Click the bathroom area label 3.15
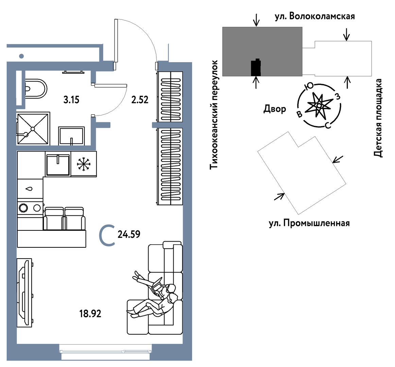pos(71,100)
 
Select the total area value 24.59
pos(129,234)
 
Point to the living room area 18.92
pos(90,313)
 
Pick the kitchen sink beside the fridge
pos(58,164)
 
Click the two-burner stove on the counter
pos(30,207)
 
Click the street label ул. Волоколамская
pos(315,17)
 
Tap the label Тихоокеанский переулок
pos(214,115)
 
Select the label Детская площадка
pos(378,118)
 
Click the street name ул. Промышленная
pos(309,223)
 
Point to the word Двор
pos(275,109)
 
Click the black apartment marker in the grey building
pos(256,67)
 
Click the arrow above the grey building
pos(256,20)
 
